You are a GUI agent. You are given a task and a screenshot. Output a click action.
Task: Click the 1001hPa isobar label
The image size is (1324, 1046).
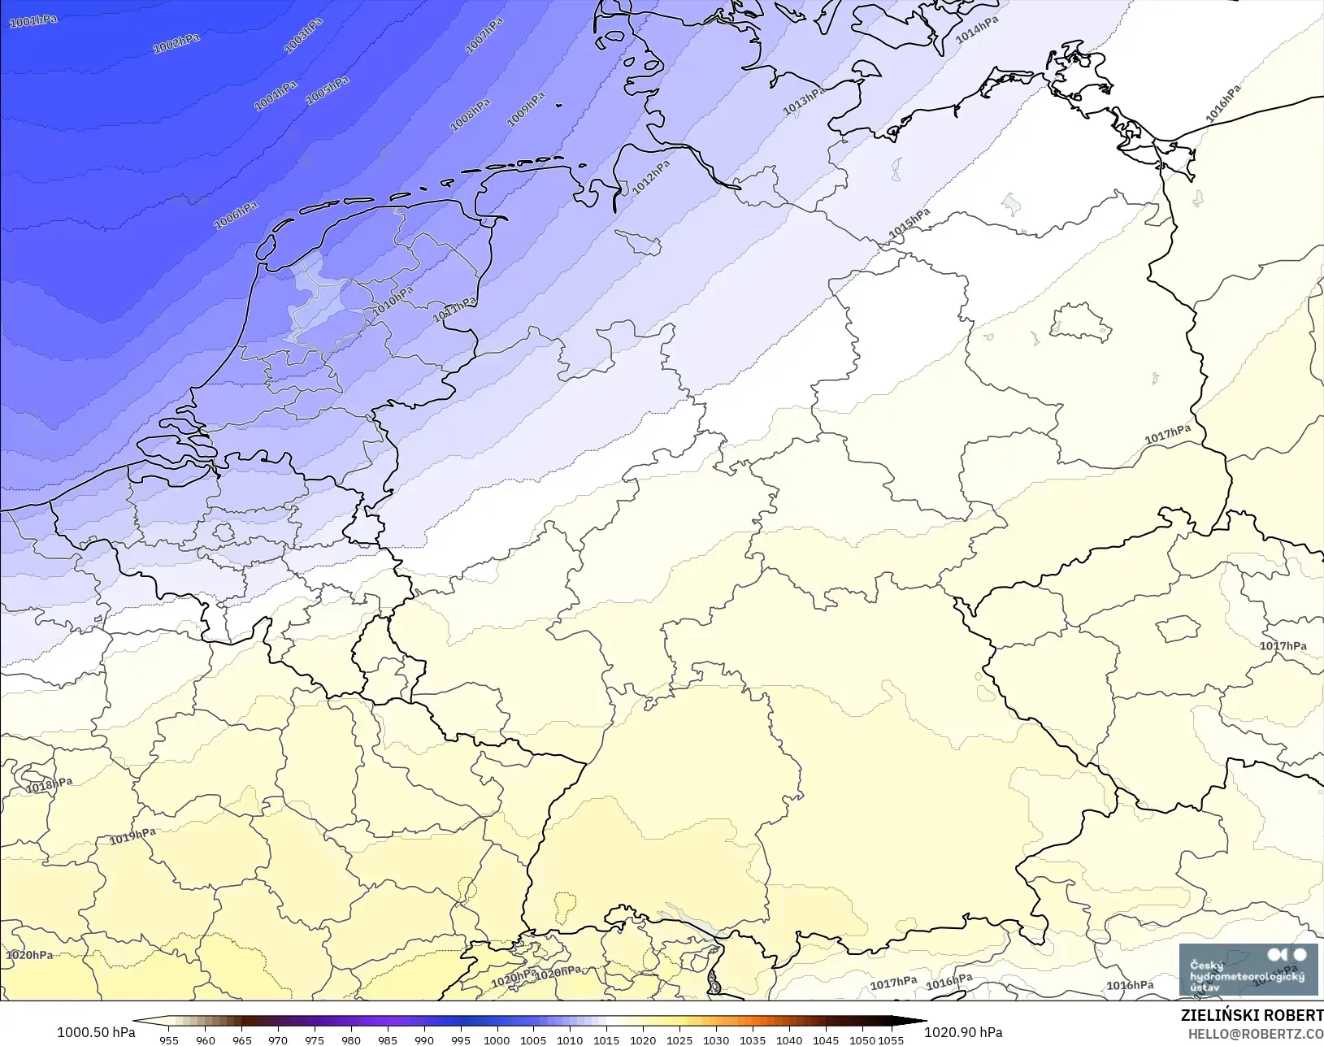(33, 20)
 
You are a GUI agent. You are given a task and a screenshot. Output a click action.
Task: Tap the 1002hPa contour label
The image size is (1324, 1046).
(176, 43)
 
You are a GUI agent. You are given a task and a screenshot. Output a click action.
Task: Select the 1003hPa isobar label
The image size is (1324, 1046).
(303, 35)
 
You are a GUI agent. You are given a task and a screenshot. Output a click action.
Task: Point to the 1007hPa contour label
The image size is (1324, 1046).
(484, 36)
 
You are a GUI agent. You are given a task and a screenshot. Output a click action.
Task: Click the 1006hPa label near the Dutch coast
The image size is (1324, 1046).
(236, 215)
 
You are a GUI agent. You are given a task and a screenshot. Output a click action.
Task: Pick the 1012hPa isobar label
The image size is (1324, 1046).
(652, 177)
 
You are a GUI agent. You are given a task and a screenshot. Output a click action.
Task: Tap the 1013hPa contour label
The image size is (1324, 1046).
(804, 101)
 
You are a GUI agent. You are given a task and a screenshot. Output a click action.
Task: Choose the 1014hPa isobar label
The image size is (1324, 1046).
(977, 31)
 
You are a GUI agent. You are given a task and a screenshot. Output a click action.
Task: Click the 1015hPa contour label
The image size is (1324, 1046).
(909, 224)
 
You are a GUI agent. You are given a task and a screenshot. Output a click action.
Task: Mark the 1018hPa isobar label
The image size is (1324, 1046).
(49, 785)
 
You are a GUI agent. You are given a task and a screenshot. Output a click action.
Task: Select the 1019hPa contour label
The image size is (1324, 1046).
(132, 835)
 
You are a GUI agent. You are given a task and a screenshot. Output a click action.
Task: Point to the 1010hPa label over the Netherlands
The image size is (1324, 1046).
(393, 300)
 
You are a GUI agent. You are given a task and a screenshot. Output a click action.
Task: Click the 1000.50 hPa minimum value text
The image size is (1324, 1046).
(96, 1032)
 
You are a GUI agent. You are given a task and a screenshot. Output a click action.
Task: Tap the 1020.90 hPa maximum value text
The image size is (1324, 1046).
(963, 1032)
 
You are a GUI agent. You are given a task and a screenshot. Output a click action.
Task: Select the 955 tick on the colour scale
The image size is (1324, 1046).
(169, 1039)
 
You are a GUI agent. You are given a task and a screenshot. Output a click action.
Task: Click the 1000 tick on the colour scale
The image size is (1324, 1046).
(497, 1039)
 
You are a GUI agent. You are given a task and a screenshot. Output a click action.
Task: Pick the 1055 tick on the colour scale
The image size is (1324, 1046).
(891, 1039)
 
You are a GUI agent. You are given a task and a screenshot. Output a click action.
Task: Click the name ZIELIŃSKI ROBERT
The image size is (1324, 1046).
(1252, 1015)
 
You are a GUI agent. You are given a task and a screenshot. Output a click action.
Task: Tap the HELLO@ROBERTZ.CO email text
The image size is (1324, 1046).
(1256, 1034)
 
